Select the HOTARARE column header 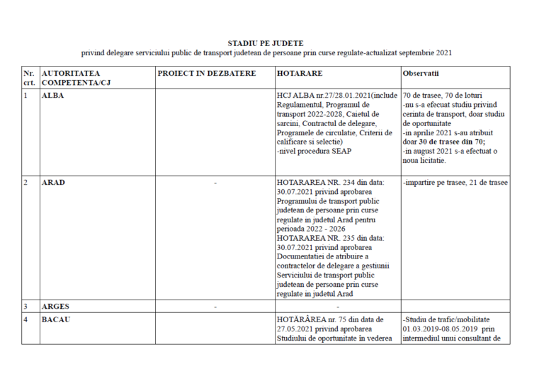pos(300,72)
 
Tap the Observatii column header pos(424,73)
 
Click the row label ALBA pos(53,95)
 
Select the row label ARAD pos(55,182)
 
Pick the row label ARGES pos(57,307)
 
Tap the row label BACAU pos(57,319)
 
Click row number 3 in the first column pos(25,307)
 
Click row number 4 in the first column pos(25,319)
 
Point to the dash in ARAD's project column pos(215,183)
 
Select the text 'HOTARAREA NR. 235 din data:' pos(330,238)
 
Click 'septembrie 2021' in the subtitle pos(424,53)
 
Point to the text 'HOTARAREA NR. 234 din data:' pos(330,183)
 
